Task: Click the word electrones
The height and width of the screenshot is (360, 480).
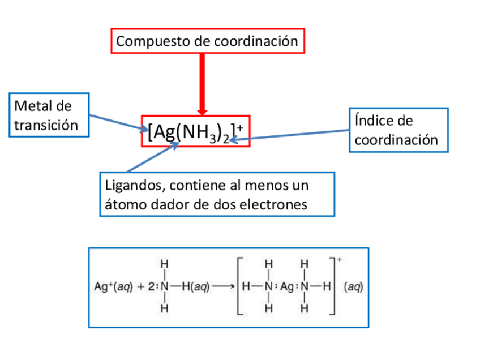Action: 278,204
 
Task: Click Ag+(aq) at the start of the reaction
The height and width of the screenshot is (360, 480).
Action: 112,286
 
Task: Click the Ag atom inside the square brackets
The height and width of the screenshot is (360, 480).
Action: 287,286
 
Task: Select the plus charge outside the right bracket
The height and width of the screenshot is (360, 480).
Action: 339,260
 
